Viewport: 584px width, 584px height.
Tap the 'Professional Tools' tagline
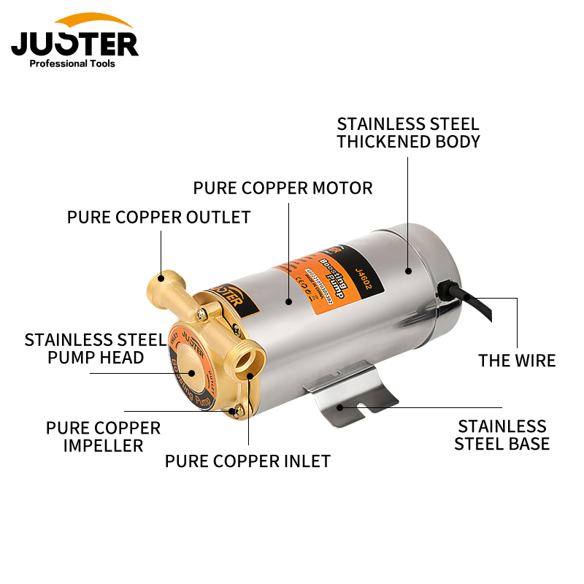tap(72, 64)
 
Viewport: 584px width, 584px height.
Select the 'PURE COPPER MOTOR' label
tap(283, 188)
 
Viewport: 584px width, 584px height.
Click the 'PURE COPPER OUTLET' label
tap(158, 218)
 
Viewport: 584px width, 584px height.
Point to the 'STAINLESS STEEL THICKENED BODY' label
tap(408, 132)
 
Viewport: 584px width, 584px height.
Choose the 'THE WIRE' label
tap(517, 360)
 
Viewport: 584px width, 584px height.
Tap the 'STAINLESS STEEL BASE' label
tap(502, 434)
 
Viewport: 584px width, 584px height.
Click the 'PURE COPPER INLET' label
tap(247, 461)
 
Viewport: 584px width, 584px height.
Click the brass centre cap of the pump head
tap(191, 369)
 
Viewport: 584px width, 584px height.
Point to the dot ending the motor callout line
tap(289, 300)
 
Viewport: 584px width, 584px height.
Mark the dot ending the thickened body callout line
tap(409, 271)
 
